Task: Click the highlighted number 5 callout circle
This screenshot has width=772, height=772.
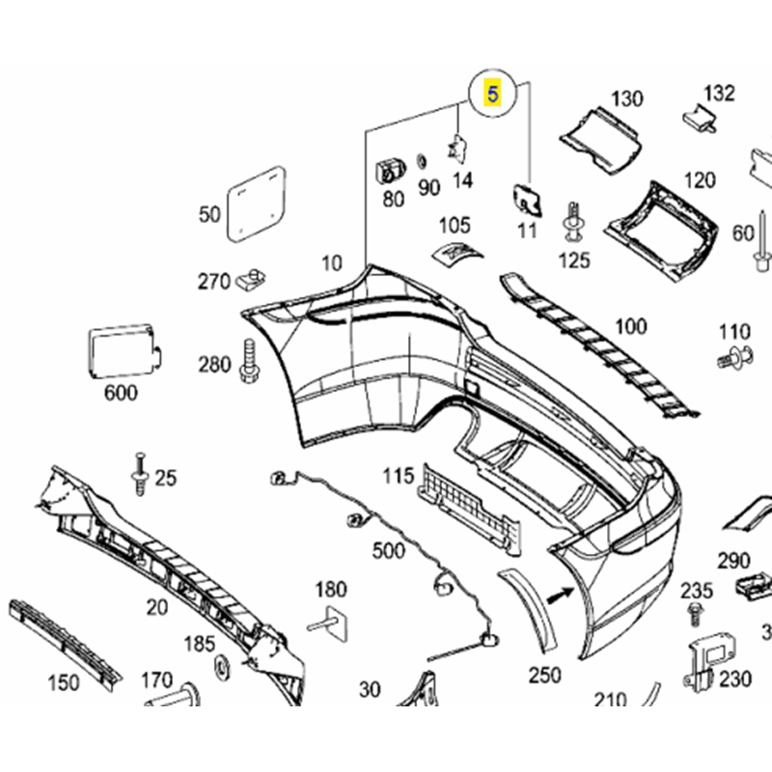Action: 492,95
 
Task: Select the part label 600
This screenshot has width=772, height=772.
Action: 121,393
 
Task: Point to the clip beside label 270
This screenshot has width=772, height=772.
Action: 253,279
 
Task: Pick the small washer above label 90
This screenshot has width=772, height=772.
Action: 422,160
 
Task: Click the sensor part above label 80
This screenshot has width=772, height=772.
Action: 390,170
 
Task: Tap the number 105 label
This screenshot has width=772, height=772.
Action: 455,226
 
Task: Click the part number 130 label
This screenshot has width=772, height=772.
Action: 626,97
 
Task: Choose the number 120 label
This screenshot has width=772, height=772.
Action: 700,179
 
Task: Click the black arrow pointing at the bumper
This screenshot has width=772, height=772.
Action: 557,598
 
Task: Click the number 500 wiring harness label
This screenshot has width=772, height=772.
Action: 388,550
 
